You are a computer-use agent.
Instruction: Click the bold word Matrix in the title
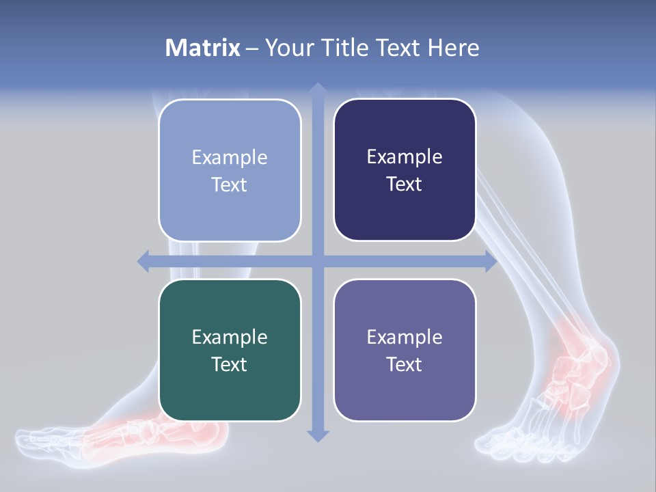coord(203,48)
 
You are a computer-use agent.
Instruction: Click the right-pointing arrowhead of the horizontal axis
coord(491,261)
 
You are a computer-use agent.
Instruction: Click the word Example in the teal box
coord(230,337)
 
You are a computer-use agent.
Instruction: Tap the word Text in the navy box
coord(405,184)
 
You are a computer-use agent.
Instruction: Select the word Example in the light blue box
coord(230,157)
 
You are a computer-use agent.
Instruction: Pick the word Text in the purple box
coord(405,364)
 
